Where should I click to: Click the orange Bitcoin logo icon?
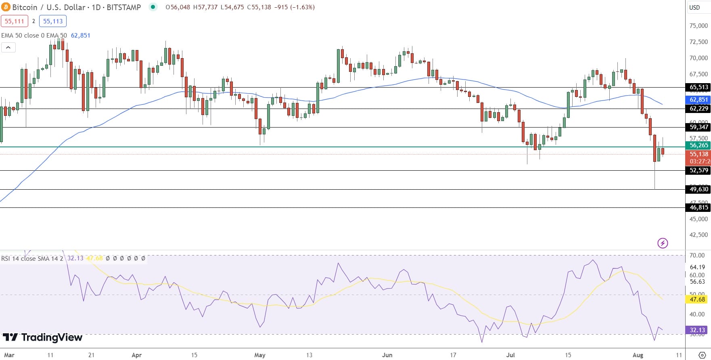(x=6, y=7)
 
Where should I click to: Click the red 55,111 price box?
(x=15, y=21)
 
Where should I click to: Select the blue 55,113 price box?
(x=53, y=21)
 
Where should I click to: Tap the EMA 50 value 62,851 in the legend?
(x=81, y=36)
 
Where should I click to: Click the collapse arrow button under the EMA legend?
(x=8, y=48)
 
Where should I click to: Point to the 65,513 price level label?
(x=698, y=87)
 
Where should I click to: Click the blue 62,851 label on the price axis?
(x=698, y=100)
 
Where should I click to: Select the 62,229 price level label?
(x=698, y=109)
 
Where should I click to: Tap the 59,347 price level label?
(x=698, y=127)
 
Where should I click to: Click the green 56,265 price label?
(x=698, y=145)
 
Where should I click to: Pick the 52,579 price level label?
(x=698, y=170)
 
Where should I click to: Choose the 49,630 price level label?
(x=698, y=189)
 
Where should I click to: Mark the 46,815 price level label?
(x=698, y=207)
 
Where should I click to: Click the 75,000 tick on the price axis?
(x=698, y=26)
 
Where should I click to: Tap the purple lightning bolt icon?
(x=663, y=243)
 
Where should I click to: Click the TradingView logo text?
(x=43, y=337)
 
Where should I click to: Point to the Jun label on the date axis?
(x=387, y=355)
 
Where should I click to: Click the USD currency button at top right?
(x=694, y=7)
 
